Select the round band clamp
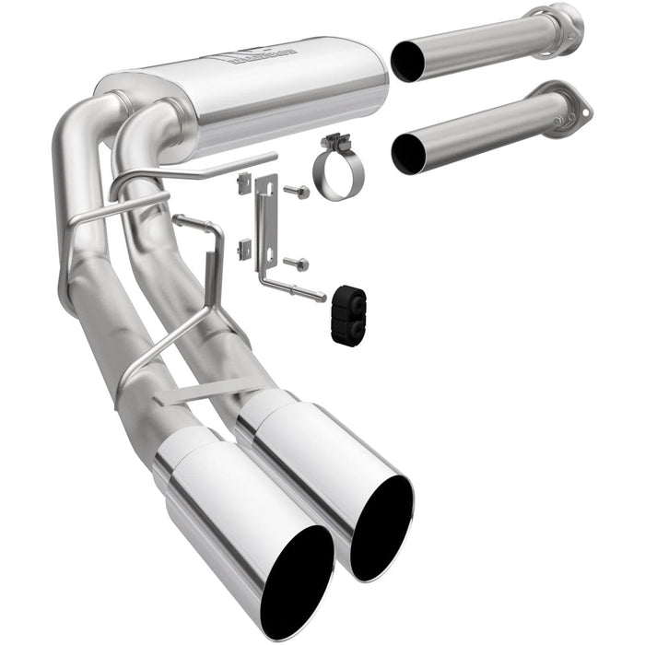point(335,172)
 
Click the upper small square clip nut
point(243,182)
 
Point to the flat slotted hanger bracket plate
point(266,226)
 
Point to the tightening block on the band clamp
point(334,144)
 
